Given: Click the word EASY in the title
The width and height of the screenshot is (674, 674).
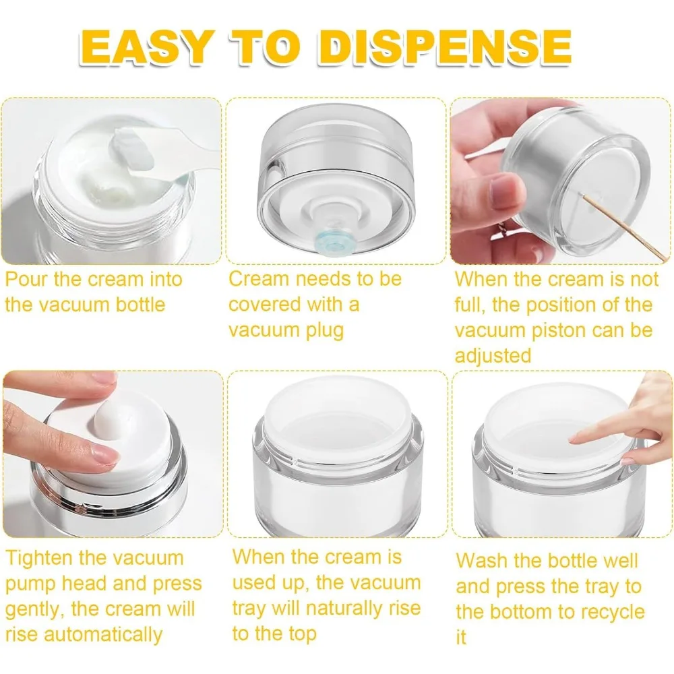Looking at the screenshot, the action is point(146,47).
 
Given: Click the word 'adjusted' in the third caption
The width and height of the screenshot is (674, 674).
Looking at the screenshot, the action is point(493,356).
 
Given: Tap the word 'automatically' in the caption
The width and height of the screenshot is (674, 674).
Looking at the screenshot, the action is point(103,635).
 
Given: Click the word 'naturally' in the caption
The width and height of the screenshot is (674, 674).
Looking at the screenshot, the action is point(341,609).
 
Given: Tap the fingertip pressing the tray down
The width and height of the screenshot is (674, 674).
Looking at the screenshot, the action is point(577,439).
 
